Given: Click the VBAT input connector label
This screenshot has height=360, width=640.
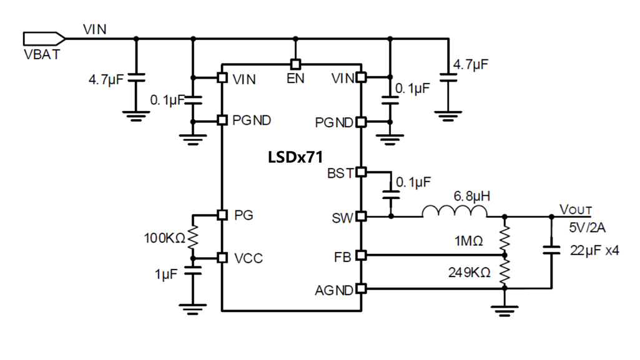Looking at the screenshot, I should click(x=42, y=54).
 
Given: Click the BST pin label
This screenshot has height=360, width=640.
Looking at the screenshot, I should click(x=340, y=173).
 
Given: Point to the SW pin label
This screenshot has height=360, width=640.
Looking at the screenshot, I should click(x=342, y=218).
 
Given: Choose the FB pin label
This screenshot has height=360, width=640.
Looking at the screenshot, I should click(x=344, y=255).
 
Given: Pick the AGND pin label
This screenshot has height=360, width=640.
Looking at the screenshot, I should click(x=334, y=289).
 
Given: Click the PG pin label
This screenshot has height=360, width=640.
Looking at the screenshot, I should click(x=244, y=215).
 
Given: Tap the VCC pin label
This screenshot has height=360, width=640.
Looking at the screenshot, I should click(x=249, y=258).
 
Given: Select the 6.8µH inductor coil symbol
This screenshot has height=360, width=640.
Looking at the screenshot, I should click(x=455, y=213).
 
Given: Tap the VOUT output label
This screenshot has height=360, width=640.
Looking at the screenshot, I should click(x=575, y=210).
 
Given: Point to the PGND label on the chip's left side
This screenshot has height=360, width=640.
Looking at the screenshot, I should click(x=252, y=120).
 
